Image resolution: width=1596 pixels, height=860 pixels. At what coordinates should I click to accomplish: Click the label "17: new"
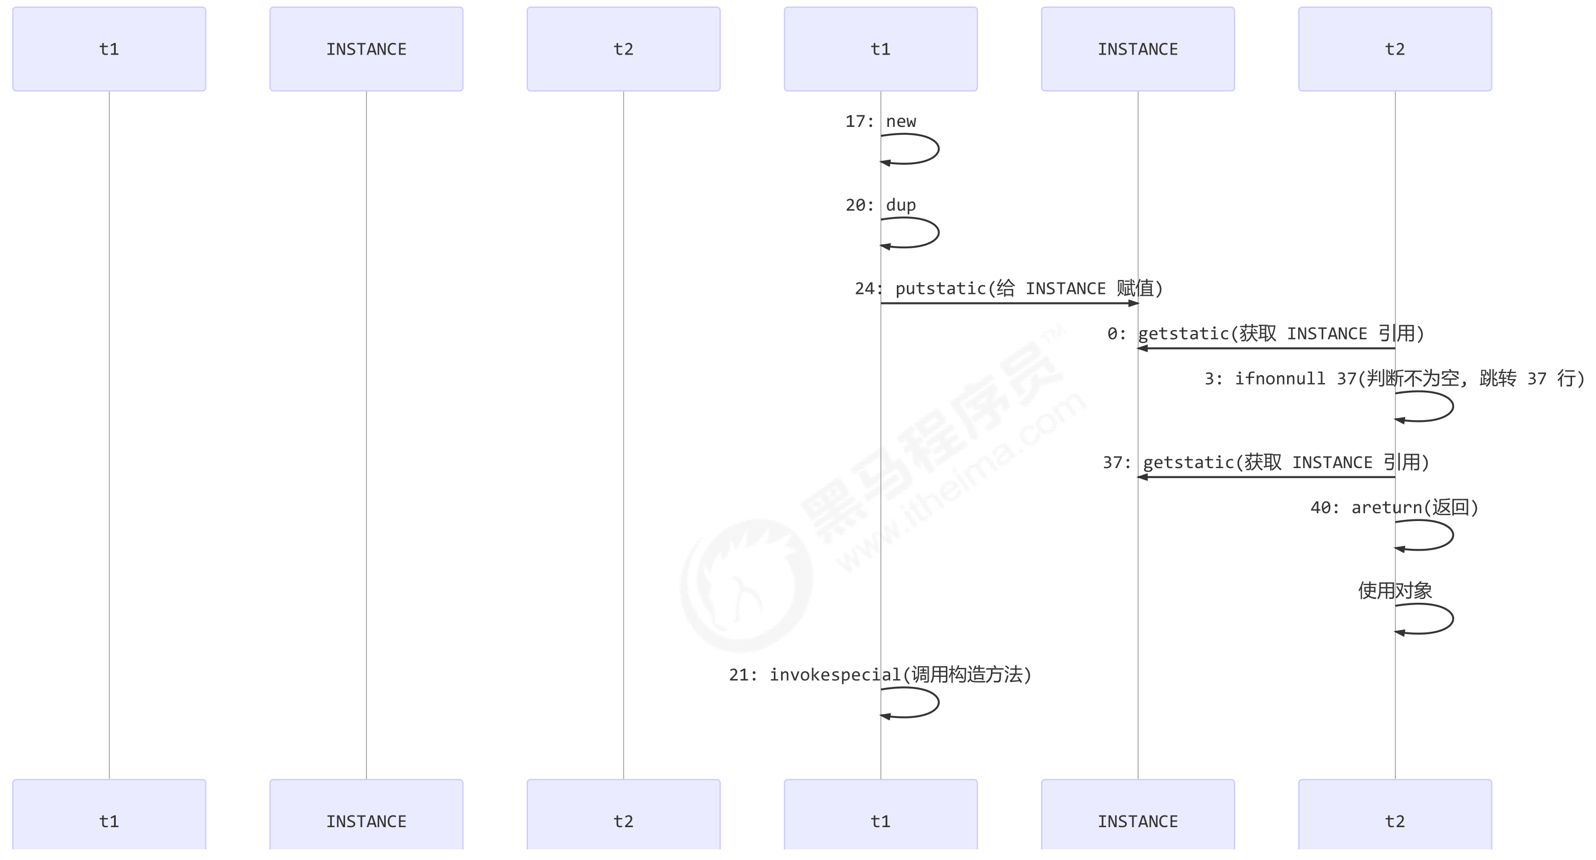pos(881,121)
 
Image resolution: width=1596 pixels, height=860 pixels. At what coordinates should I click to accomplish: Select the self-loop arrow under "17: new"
pos(937,149)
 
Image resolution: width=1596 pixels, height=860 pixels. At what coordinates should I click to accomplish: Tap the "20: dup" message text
pos(881,205)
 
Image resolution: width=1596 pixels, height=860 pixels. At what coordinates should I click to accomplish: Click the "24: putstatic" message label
pos(1009,289)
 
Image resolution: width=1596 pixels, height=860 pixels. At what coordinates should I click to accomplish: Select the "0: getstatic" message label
pos(1265,334)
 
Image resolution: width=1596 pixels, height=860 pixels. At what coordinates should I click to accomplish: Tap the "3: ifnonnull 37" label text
pos(1394,379)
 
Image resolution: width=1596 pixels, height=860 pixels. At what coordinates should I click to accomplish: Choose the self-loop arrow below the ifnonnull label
pos(1452,406)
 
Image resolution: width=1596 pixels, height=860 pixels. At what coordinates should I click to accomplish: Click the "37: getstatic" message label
pos(1265,463)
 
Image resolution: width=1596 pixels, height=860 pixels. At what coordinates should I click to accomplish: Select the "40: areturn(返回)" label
pos(1394,508)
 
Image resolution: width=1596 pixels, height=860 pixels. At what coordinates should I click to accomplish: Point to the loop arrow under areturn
pos(1452,535)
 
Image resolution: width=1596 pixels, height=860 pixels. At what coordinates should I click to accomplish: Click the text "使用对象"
pos(1394,591)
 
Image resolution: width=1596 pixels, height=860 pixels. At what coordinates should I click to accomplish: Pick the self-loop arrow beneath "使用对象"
pos(1452,619)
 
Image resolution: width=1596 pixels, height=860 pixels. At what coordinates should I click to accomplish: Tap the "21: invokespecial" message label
pos(880,675)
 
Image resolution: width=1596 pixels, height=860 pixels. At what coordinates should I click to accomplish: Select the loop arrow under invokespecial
pos(937,702)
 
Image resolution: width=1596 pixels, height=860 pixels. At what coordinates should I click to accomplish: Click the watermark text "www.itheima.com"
pos(960,483)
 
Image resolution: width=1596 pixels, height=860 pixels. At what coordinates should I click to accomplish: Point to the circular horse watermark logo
pos(746,586)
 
